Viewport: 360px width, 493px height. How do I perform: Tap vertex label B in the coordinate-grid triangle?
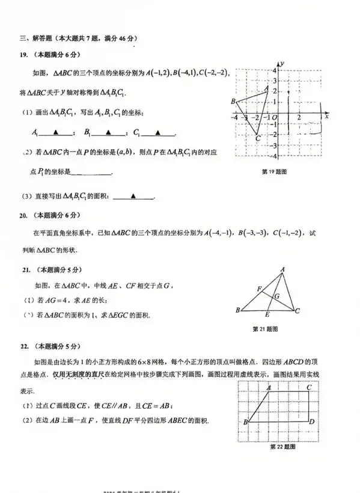233,102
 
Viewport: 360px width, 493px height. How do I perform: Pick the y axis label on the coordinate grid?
282,63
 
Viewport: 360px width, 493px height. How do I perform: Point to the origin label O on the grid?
274,117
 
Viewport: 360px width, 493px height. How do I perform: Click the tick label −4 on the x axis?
236,117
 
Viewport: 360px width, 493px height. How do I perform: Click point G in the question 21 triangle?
276,296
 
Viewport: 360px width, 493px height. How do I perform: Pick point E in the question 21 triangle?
267,315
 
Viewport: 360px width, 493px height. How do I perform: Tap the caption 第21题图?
264,329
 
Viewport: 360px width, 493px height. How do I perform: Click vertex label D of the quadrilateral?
312,422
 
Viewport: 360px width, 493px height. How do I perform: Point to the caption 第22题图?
281,447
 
